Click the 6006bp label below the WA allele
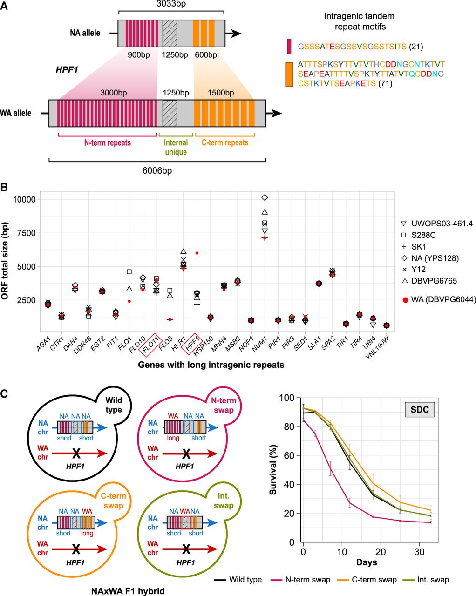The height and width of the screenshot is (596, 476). pos(157,171)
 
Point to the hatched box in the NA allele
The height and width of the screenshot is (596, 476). pos(170,33)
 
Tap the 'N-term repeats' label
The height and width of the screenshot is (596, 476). pos(108,142)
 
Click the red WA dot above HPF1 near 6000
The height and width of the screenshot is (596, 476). pos(197,253)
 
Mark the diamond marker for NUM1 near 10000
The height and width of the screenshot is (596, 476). pos(265,197)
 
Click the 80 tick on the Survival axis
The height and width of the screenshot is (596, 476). pos(293,427)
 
